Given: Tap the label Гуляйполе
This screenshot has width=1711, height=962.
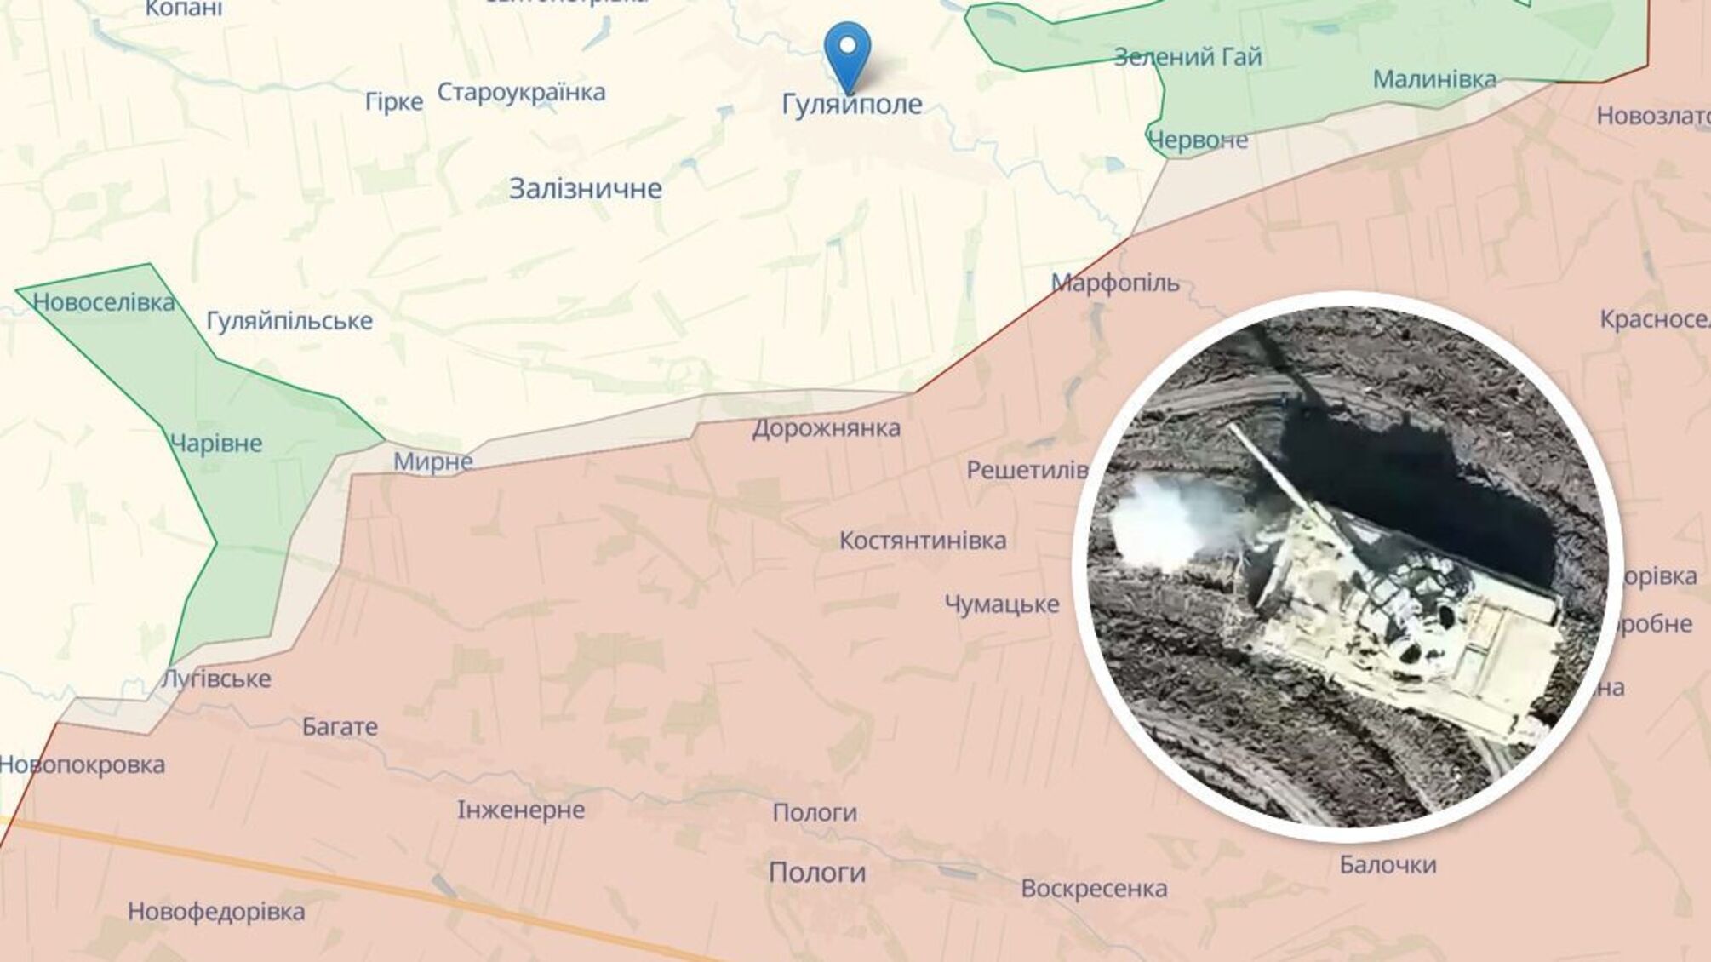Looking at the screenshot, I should (851, 104).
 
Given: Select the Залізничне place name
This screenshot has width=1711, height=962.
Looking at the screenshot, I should (586, 188).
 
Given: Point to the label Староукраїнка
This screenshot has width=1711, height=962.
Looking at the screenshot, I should (521, 92).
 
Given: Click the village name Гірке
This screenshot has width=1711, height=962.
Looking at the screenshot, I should (394, 102).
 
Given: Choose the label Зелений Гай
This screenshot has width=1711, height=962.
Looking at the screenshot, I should (1187, 57).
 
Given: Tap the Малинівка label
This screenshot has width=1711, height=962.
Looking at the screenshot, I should (1434, 79).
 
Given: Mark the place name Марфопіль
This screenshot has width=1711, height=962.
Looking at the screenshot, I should (1115, 283).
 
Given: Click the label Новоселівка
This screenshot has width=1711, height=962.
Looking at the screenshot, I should (104, 302).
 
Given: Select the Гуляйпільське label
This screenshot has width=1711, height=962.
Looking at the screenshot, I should (289, 321).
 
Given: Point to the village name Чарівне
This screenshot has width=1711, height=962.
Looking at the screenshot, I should (216, 444).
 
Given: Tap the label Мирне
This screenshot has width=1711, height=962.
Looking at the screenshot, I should (433, 462).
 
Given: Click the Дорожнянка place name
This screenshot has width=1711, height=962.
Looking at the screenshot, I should (826, 428).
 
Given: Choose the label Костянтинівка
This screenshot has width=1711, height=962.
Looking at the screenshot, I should (923, 541).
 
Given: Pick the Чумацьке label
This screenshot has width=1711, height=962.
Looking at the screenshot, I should (1002, 604).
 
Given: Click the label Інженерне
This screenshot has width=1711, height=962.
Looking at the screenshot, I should (521, 810).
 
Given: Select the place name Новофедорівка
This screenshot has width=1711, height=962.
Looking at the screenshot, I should (216, 913).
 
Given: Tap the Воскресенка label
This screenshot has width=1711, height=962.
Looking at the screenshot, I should (1094, 889).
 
